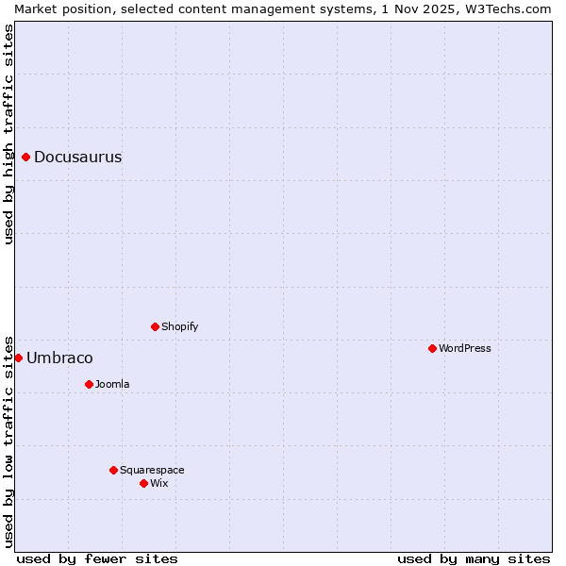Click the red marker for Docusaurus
pos(26,157)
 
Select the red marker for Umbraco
pos(18,358)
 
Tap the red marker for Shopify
pos(155,326)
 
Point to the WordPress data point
pos(432,348)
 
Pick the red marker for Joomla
pos(89,384)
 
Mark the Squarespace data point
pos(113,470)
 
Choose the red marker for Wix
pos(143,483)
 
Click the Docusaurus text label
pos(77,158)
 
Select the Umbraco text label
pos(59,358)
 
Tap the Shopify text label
pos(179,327)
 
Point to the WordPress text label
pos(464,349)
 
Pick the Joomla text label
pos(112,385)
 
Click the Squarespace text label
pos(152,471)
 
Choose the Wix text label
pos(158,484)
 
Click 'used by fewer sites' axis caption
pos(97,558)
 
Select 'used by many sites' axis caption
pos(474,558)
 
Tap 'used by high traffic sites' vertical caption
pos(8,134)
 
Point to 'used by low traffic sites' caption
pos(8,441)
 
